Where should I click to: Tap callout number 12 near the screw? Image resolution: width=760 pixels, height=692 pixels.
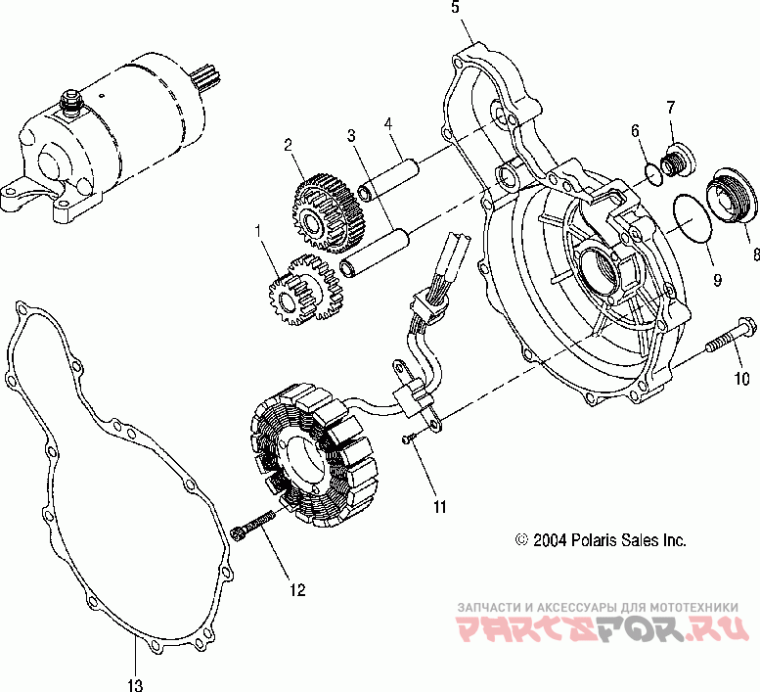pos(296,590)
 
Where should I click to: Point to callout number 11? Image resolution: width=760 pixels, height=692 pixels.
pos(439,506)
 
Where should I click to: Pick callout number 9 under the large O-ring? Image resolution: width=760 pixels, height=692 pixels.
pos(716,279)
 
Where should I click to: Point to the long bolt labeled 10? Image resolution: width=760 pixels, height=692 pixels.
pos(728,340)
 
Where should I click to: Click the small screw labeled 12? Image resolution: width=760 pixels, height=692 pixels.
pos(254,527)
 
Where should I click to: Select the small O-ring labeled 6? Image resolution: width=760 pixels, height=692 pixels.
pos(652,172)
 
